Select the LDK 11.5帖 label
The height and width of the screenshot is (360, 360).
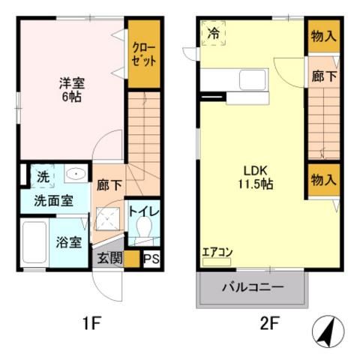pyautogui.click(x=252, y=177)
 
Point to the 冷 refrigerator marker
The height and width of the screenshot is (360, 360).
pyautogui.click(x=214, y=33)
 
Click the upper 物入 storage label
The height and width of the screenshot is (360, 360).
pyautogui.click(x=322, y=37)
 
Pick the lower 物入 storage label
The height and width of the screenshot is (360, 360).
pyautogui.click(x=322, y=180)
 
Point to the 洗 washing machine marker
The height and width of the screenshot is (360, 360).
pyautogui.click(x=43, y=177)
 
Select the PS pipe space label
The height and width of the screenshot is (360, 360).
pyautogui.click(x=151, y=259)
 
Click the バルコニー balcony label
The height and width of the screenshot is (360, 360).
pyautogui.click(x=252, y=287)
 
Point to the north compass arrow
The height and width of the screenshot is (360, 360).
pyautogui.click(x=328, y=327)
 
